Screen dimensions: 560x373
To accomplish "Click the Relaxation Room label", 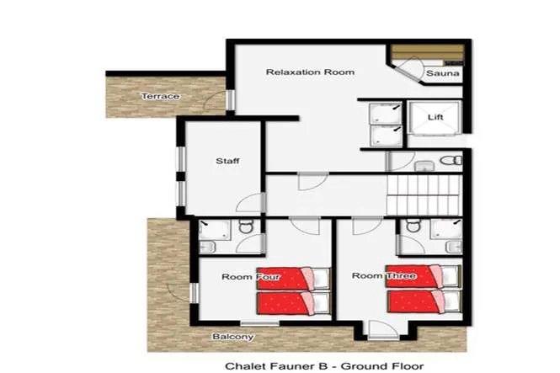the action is [310, 72].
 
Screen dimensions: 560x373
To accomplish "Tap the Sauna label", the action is [442, 73].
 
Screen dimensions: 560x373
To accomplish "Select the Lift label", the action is [435, 117].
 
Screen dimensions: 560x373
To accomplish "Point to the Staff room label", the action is [227, 161].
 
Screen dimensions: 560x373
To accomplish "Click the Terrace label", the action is [160, 96].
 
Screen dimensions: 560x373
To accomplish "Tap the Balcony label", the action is [233, 337].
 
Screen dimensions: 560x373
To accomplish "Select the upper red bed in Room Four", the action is [293, 279].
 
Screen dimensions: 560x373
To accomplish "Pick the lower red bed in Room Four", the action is [293, 303].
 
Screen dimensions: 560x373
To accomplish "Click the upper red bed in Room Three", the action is [423, 276].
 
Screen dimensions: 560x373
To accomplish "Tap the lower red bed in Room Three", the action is [423, 301].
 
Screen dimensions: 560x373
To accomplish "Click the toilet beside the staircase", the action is [451, 160].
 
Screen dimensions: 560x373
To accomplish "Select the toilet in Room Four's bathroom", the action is [246, 226].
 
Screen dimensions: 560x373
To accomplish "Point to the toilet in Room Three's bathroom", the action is [413, 225].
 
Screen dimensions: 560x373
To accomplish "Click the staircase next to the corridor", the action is [424, 194].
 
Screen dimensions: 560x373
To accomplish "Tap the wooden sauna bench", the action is [428, 52].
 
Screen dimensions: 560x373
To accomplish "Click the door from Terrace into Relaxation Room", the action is [216, 100].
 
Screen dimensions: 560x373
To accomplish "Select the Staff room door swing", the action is [249, 203].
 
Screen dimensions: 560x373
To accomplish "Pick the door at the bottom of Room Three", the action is [383, 330].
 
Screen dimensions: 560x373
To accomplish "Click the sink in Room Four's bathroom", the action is [207, 247].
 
